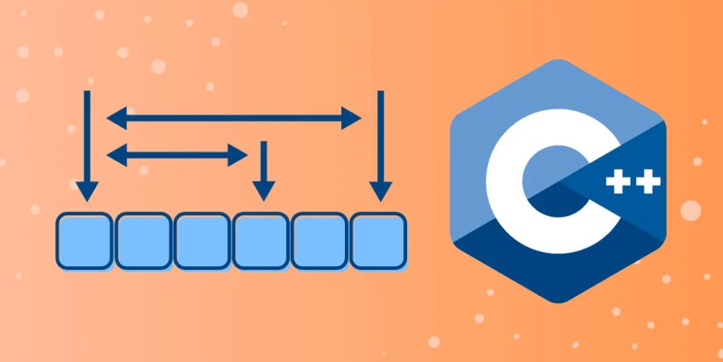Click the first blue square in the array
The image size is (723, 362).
click(84, 240)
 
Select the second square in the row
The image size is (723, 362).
click(143, 240)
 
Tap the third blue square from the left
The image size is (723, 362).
click(202, 240)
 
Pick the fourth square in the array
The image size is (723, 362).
click(261, 240)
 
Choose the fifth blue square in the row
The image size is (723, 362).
click(320, 240)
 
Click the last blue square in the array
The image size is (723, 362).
click(378, 240)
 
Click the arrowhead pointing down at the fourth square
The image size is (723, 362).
click(264, 190)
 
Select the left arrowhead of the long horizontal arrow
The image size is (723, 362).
click(116, 117)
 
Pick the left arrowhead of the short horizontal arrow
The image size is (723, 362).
click(116, 154)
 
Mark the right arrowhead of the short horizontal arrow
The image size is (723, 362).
click(238, 154)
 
